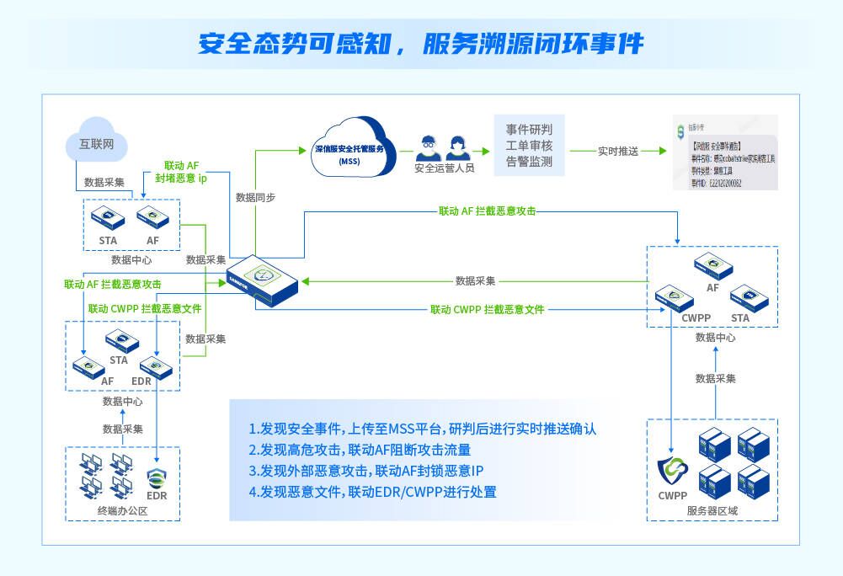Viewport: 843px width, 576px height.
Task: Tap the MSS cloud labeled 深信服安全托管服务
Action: tap(349, 149)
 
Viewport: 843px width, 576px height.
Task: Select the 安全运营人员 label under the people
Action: tap(445, 168)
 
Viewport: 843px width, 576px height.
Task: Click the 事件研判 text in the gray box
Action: tap(529, 130)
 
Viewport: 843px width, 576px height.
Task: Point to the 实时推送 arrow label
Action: tap(618, 151)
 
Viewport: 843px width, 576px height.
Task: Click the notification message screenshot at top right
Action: tap(726, 152)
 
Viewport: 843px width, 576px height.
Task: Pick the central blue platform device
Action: tap(264, 278)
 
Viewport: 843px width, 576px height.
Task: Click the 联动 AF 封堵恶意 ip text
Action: tap(181, 172)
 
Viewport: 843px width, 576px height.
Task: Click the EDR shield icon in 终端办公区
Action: tap(157, 479)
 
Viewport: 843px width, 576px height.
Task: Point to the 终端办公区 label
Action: tap(122, 510)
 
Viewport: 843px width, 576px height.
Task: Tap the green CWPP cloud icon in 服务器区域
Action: tap(673, 471)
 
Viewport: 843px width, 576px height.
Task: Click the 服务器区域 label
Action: tap(712, 510)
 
